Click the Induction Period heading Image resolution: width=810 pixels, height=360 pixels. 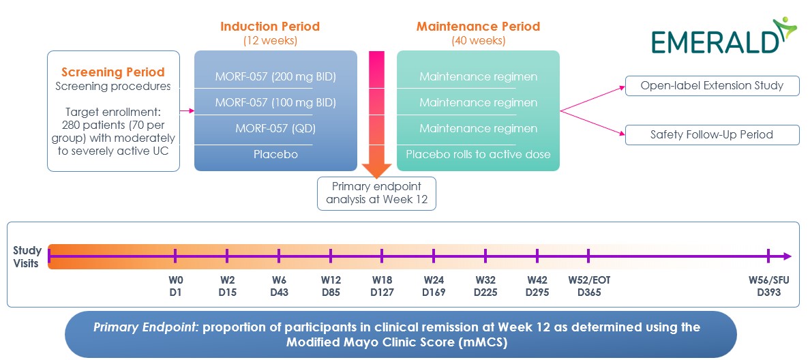pyautogui.click(x=269, y=27)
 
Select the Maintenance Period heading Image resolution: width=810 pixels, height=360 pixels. pyautogui.click(x=478, y=27)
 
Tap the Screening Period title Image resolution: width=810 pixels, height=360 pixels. pyautogui.click(x=113, y=72)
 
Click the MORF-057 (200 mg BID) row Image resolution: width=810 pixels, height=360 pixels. pyautogui.click(x=275, y=76)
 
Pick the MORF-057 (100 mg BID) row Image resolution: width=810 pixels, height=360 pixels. pyautogui.click(x=275, y=102)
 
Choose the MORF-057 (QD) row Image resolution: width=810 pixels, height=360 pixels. pyautogui.click(x=275, y=128)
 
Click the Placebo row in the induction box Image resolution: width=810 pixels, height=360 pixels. pyautogui.click(x=275, y=154)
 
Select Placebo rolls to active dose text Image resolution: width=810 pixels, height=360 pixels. pyautogui.click(x=478, y=154)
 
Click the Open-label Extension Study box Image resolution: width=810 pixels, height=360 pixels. pyautogui.click(x=712, y=86)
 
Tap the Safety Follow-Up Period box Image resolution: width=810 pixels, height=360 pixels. pyautogui.click(x=712, y=134)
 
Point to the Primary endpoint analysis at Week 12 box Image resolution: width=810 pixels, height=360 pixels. pyautogui.click(x=376, y=193)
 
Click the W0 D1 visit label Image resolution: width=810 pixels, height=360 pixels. pyautogui.click(x=175, y=286)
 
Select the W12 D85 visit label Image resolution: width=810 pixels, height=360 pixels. pyautogui.click(x=331, y=286)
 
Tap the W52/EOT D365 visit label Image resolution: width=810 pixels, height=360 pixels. pyautogui.click(x=588, y=286)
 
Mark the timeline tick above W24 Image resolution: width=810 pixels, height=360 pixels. pyautogui.click(x=434, y=256)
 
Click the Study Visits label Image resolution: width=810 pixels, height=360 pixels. pyautogui.click(x=27, y=256)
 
